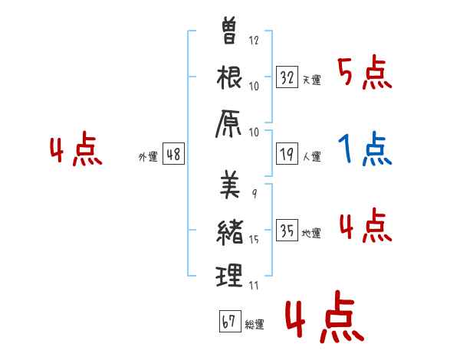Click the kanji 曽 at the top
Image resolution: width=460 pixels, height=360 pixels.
click(228, 31)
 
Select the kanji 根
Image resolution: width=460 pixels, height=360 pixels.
click(229, 77)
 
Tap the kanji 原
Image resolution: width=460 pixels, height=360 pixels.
click(228, 124)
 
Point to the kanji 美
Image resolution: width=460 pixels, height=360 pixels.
click(230, 184)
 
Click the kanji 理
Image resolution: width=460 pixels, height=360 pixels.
click(229, 275)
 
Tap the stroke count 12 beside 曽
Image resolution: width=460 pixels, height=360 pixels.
click(254, 40)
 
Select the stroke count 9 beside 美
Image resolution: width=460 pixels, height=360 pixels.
click(255, 194)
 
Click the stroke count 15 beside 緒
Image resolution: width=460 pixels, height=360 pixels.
click(254, 240)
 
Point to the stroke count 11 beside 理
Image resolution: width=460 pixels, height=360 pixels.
click(254, 285)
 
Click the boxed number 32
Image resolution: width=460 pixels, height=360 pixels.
click(287, 77)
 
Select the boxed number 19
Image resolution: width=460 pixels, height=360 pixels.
click(287, 154)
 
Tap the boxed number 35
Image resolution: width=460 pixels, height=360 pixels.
click(287, 230)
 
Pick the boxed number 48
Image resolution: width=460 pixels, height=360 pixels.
click(173, 154)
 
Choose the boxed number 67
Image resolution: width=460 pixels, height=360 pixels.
click(230, 321)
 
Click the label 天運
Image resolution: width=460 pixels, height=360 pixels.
click(312, 80)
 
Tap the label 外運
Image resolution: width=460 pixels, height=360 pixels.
click(148, 156)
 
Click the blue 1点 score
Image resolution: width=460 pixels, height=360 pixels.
click(365, 149)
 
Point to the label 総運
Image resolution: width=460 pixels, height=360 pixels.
click(255, 324)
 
